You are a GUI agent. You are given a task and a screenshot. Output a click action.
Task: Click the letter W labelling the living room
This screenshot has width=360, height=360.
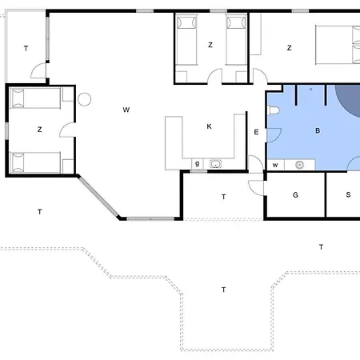[x=126, y=110]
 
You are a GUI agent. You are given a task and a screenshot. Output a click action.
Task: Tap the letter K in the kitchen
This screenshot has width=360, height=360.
[x=209, y=126]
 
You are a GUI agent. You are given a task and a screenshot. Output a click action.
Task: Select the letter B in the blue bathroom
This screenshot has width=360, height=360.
[x=318, y=130]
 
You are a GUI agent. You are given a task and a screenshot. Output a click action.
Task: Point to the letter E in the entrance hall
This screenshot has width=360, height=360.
[x=256, y=132]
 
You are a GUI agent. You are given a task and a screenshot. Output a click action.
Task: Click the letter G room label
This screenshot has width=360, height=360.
[x=295, y=195]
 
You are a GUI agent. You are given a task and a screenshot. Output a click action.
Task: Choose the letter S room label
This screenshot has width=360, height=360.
[x=348, y=194]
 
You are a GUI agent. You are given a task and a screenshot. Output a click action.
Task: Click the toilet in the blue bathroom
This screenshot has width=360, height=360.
[x=274, y=110]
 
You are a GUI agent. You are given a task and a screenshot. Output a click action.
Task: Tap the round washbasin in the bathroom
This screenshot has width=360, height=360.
[x=300, y=165]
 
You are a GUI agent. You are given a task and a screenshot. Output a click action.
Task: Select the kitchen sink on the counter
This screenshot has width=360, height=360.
[x=215, y=164]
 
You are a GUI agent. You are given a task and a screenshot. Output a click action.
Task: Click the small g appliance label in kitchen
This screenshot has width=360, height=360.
[x=197, y=164]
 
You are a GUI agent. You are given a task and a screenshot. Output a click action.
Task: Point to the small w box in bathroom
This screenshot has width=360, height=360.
[x=275, y=165]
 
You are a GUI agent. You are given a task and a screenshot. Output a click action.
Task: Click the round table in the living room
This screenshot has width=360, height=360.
[x=85, y=99]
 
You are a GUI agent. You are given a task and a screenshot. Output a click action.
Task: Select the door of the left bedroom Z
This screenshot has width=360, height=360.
[x=67, y=130]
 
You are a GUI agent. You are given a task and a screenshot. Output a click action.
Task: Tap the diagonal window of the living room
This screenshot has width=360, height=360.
[x=98, y=197]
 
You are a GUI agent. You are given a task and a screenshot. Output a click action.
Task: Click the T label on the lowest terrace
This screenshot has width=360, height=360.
[x=223, y=290]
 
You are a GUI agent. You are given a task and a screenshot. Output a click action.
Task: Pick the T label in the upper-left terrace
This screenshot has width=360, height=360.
[x=26, y=49]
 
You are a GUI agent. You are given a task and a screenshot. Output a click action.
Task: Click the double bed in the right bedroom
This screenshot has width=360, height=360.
[x=338, y=45]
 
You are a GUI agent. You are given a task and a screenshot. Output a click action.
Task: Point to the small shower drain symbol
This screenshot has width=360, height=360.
[x=310, y=90]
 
